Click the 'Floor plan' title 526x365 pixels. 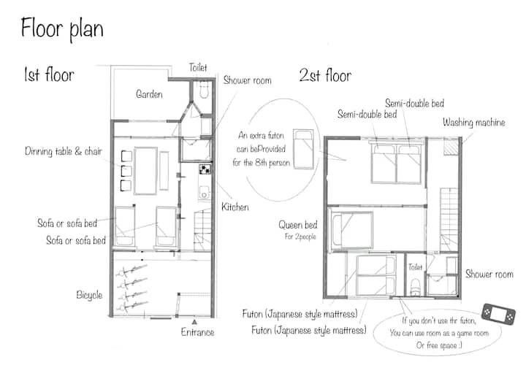[62, 28]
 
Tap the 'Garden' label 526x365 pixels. [149, 94]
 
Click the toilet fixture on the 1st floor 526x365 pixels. [204, 91]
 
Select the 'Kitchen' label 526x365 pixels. [235, 207]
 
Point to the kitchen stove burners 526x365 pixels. [205, 169]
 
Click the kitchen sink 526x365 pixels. [204, 193]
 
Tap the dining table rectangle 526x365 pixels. [145, 171]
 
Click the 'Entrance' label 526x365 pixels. [197, 332]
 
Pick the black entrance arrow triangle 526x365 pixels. [194, 322]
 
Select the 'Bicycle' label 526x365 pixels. [89, 295]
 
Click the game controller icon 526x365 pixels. [498, 315]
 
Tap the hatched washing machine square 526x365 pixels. [451, 147]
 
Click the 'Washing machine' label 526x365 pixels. [473, 123]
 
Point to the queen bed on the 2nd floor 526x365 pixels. [352, 230]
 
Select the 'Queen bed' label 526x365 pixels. [298, 225]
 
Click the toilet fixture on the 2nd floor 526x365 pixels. [415, 288]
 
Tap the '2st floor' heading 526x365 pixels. [325, 75]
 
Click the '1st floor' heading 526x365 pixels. [49, 74]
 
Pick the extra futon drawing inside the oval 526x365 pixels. [304, 149]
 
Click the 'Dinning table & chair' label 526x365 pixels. [64, 152]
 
